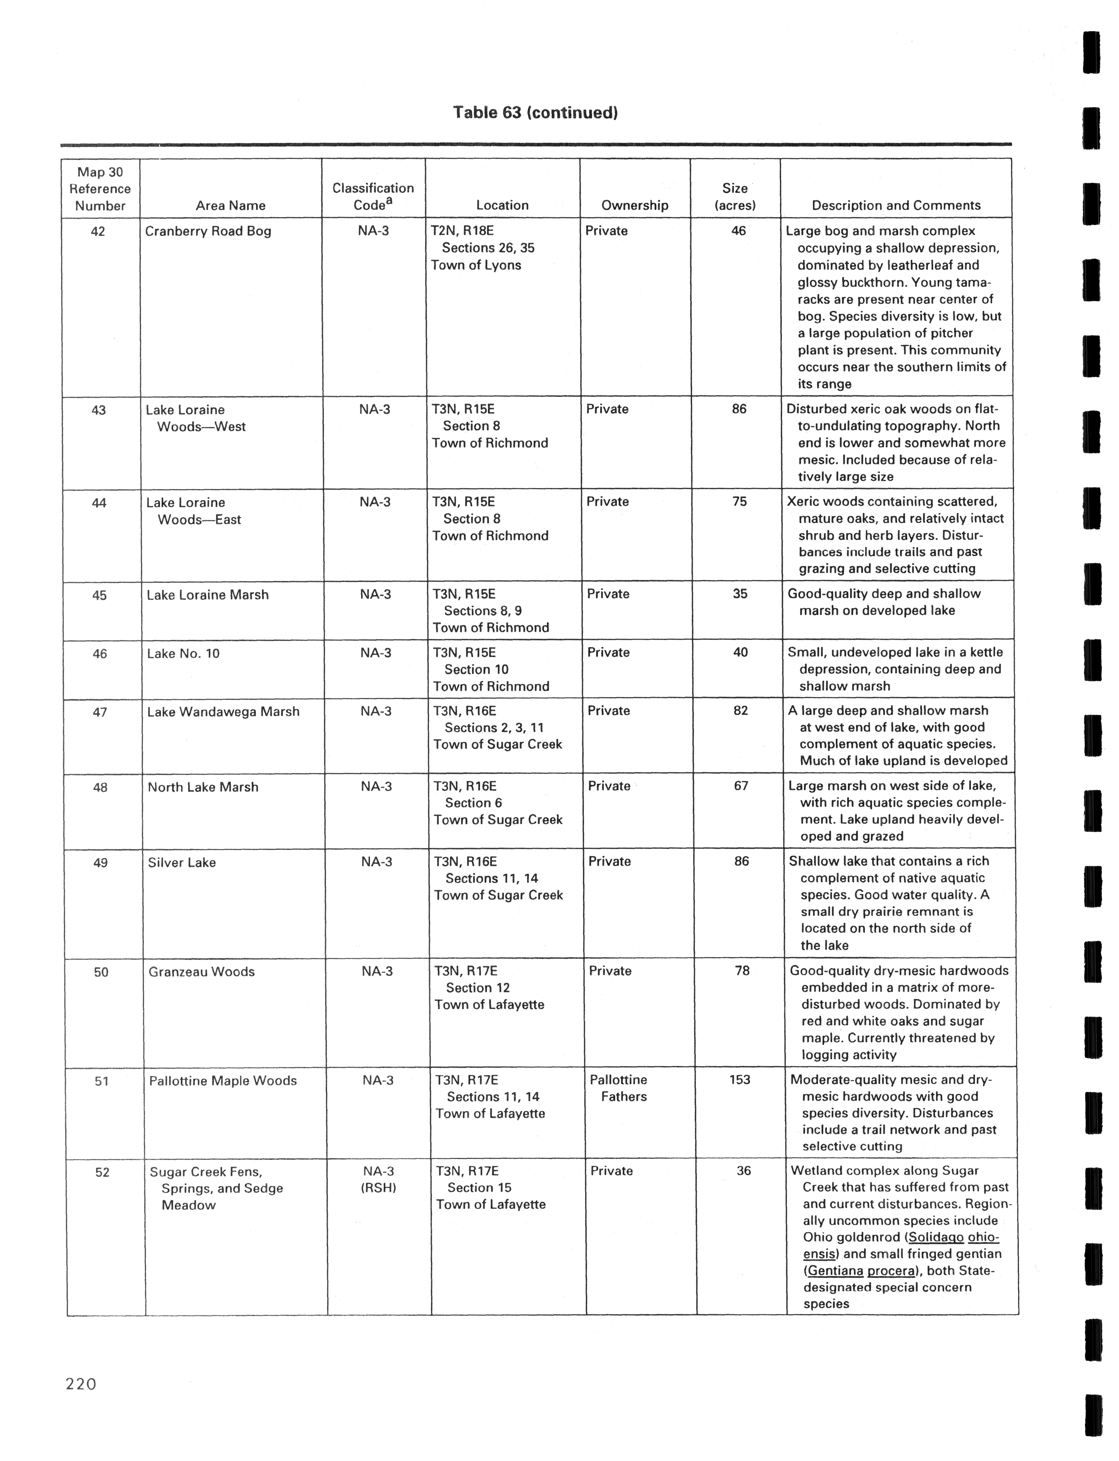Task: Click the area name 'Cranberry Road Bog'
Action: (x=208, y=231)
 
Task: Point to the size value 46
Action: (x=739, y=231)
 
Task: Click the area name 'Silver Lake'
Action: (x=182, y=862)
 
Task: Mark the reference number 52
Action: (x=102, y=1172)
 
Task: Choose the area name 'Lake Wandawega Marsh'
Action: (x=223, y=712)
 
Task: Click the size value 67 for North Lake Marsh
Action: (x=741, y=786)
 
